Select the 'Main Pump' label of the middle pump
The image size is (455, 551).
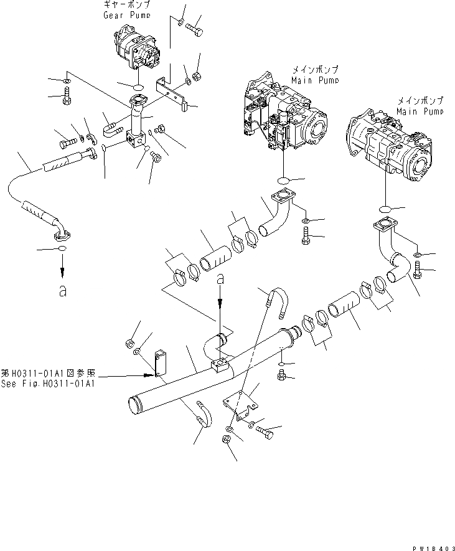tap(315, 80)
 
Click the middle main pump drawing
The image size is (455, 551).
tap(286, 118)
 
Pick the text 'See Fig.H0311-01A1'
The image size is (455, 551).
tap(48, 384)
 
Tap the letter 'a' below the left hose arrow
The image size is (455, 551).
tap(62, 291)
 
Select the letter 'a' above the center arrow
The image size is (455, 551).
tap(219, 281)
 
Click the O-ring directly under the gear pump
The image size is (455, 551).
tap(138, 86)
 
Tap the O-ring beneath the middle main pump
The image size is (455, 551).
tap(284, 181)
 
